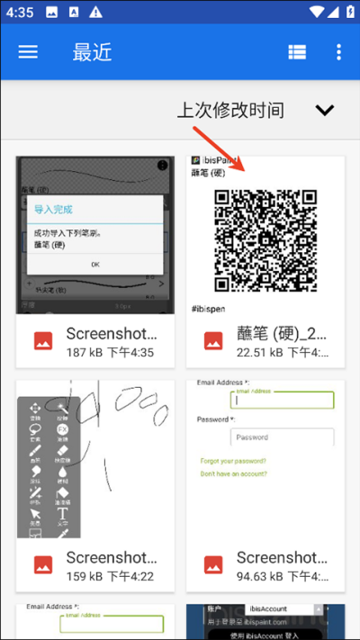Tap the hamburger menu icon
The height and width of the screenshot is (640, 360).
tap(28, 51)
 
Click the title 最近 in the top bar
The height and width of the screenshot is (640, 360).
tap(92, 51)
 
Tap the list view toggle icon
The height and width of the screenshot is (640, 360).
tap(297, 52)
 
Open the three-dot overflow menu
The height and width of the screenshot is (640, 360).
tap(338, 52)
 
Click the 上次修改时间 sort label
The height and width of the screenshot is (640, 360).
tap(229, 110)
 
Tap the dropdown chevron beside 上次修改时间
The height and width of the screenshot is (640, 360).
tap(325, 110)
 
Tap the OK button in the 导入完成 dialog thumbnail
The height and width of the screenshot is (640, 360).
tap(94, 264)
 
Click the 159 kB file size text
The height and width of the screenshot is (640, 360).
tap(86, 576)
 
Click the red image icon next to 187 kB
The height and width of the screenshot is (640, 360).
tap(42, 341)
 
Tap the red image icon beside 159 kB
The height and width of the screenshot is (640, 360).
tap(42, 565)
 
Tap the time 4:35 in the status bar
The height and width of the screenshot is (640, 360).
tap(19, 13)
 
